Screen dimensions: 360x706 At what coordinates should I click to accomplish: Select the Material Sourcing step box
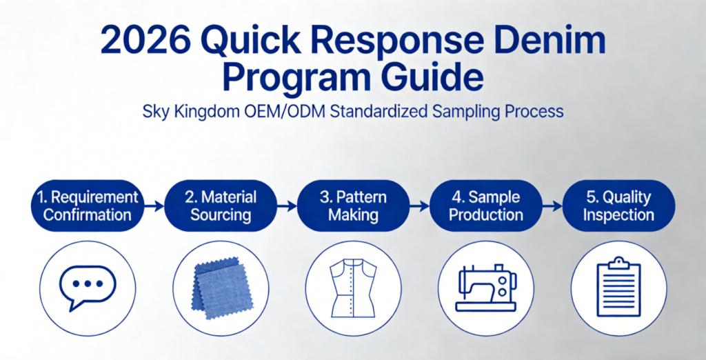(x=221, y=205)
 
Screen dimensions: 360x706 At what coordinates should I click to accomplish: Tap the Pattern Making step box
(x=353, y=205)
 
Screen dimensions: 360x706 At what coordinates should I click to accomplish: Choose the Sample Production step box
(x=486, y=205)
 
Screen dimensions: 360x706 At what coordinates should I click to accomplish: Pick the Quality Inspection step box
(x=618, y=205)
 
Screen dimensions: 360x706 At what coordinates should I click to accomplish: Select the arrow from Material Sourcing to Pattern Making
(x=287, y=205)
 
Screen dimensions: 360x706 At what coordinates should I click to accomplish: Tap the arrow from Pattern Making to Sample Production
(x=419, y=205)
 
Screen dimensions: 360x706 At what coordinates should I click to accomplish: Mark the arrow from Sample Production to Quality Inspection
(x=552, y=205)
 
